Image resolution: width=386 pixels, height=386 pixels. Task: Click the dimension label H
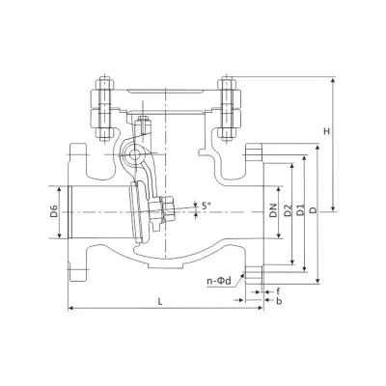[327, 131]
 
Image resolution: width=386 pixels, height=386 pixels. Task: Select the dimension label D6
[54, 211]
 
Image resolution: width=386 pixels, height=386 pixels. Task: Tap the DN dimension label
[273, 210]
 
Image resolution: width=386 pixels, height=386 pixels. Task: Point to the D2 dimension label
[288, 210]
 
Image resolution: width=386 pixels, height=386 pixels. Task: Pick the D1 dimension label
[300, 210]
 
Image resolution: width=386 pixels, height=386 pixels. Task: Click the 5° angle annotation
[207, 206]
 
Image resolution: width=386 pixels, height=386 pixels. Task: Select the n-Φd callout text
[219, 281]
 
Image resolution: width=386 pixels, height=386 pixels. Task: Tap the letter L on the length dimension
[160, 301]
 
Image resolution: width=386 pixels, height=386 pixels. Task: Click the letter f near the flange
[278, 291]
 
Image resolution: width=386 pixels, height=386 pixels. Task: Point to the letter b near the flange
[279, 301]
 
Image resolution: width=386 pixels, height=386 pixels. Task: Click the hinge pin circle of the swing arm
[133, 155]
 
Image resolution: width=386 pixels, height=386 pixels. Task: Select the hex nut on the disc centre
[168, 209]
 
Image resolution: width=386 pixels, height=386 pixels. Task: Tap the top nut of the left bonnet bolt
[103, 84]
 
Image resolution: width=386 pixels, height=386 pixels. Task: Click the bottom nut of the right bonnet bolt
[228, 132]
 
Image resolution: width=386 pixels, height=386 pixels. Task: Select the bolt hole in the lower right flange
[254, 274]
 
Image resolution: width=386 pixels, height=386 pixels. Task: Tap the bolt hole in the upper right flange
[254, 152]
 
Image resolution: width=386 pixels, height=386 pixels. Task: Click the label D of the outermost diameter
[314, 210]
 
